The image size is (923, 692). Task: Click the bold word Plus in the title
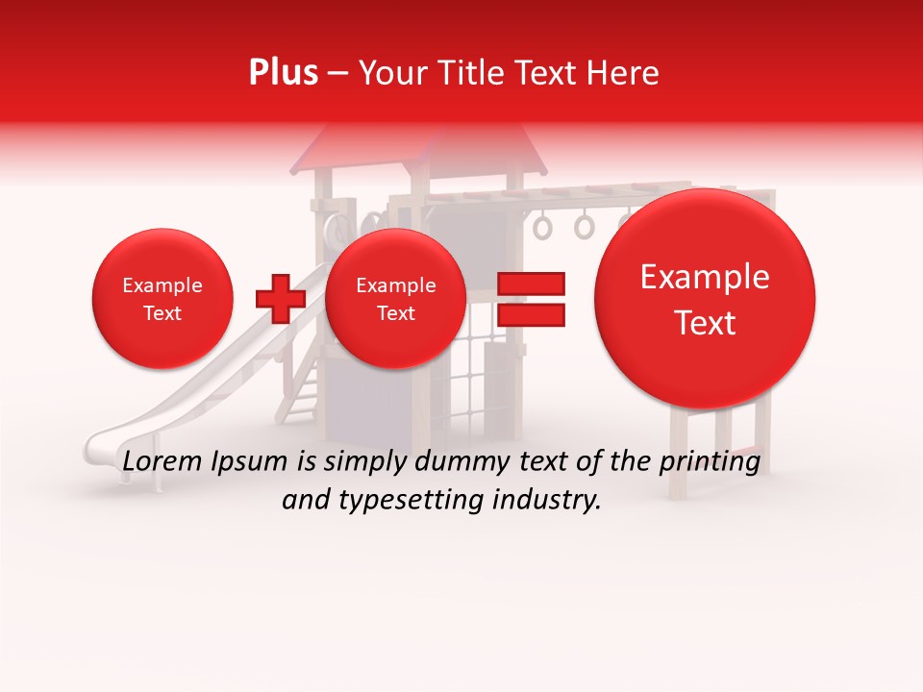[x=283, y=72]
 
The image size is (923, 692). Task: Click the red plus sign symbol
[x=280, y=298]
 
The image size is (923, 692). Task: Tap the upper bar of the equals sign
[x=531, y=284]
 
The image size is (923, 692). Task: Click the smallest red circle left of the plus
[x=162, y=299]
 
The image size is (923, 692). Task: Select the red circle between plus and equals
[x=395, y=299]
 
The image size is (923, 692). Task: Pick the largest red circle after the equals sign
[x=705, y=299]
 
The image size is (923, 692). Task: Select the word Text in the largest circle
[x=705, y=323]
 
